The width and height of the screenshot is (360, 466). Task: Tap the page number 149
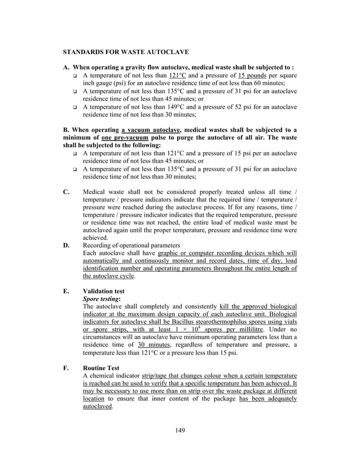click(x=180, y=431)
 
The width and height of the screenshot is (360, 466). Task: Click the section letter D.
click(x=66, y=245)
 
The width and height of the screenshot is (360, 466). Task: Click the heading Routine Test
click(x=101, y=368)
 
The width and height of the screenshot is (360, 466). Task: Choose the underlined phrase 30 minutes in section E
click(x=152, y=345)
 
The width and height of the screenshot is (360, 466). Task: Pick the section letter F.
click(x=66, y=368)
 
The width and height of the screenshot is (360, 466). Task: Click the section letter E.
click(x=66, y=291)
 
